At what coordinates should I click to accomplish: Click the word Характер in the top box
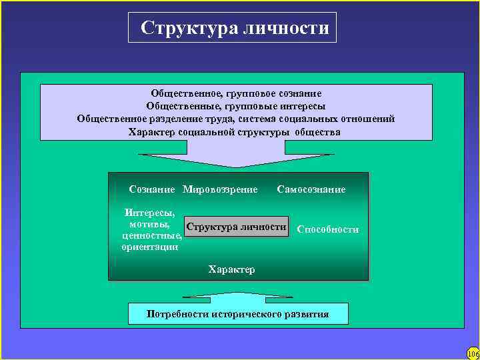(151, 132)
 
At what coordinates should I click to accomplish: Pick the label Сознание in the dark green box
(152, 189)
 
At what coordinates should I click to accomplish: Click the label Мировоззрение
(220, 189)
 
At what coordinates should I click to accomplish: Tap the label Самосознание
(311, 189)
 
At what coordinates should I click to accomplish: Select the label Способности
(328, 229)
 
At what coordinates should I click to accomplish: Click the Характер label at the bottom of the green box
(231, 269)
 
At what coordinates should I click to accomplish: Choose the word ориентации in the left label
(150, 247)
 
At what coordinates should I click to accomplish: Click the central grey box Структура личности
(237, 227)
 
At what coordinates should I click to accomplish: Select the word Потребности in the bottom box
(177, 313)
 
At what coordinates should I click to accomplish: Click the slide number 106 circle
(473, 353)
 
